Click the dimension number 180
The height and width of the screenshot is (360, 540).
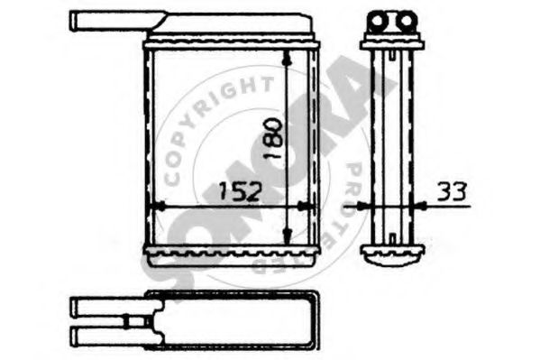(274, 138)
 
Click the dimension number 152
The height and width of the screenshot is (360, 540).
(241, 192)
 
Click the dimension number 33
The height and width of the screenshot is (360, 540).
(453, 191)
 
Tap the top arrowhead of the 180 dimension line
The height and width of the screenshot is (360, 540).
(287, 58)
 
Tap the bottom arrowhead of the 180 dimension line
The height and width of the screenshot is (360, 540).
(287, 235)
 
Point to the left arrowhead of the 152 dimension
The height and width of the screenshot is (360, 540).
(159, 207)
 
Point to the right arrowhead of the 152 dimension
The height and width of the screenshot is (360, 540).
(304, 207)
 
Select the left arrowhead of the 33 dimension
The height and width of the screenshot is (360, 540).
(363, 207)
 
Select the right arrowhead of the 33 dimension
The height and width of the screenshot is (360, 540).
(420, 207)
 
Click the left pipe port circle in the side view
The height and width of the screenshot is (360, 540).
(378, 21)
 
